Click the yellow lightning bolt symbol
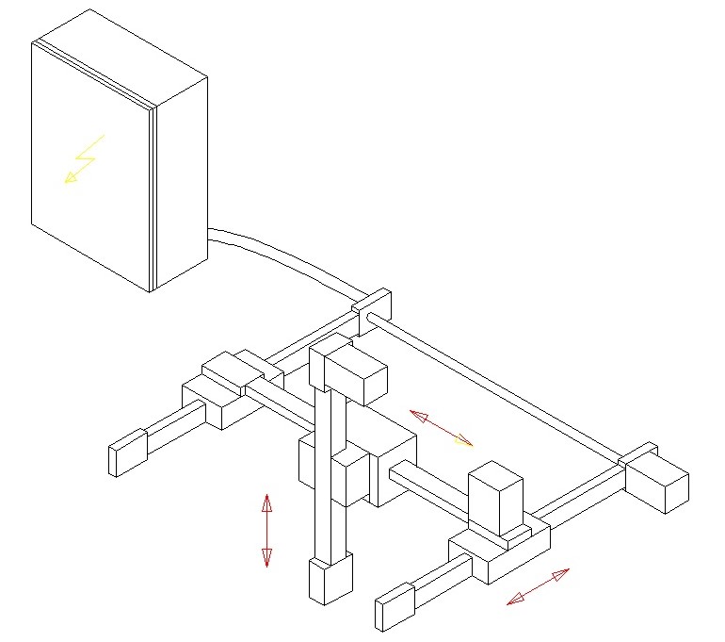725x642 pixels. point(83,159)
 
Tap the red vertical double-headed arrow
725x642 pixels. point(266,530)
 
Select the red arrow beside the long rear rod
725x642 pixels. point(441,427)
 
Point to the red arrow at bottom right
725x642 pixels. point(538,586)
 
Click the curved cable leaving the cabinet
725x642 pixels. point(282,254)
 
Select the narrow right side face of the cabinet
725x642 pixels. point(181,184)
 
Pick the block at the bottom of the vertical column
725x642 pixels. point(330,579)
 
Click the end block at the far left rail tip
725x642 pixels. point(128,453)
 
